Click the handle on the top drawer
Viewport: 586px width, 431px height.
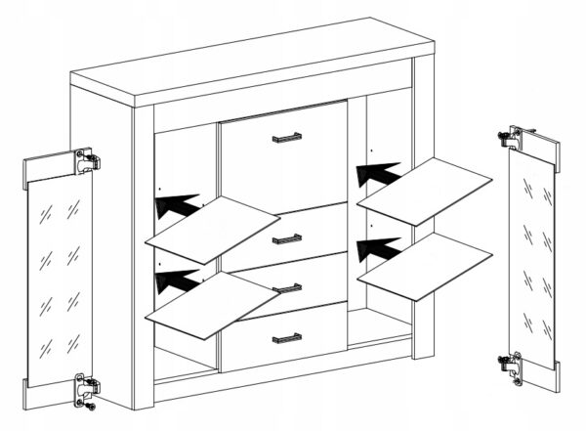click(x=286, y=138)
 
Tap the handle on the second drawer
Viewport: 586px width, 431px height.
click(x=286, y=237)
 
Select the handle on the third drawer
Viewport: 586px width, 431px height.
click(x=286, y=286)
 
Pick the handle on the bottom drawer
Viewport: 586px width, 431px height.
click(x=286, y=338)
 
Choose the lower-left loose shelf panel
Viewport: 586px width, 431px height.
click(x=211, y=303)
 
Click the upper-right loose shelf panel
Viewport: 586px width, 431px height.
click(x=425, y=192)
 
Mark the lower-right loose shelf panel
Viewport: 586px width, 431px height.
click(x=425, y=265)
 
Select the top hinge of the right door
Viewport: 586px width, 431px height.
click(x=516, y=138)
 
